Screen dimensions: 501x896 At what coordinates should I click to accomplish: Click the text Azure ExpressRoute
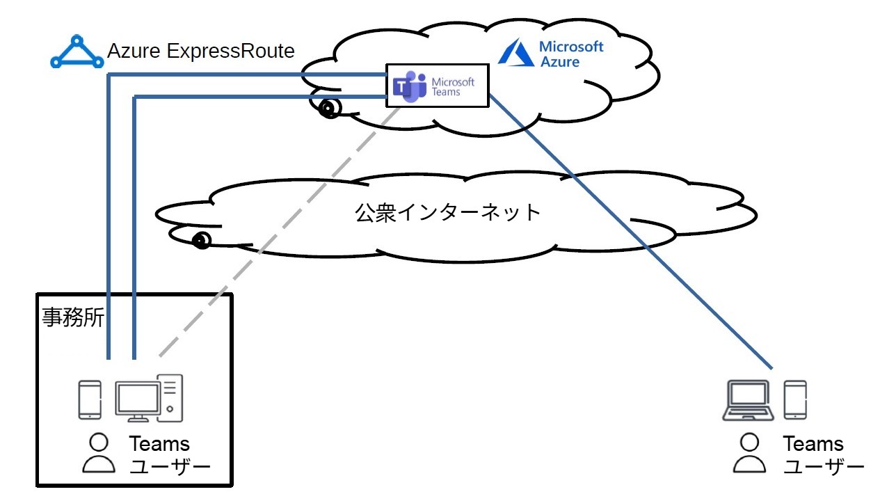(201, 51)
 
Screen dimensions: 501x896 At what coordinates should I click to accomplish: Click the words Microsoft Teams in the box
(453, 86)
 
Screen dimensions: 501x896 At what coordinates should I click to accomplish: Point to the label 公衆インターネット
(448, 212)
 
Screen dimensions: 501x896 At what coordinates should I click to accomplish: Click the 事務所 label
(73, 318)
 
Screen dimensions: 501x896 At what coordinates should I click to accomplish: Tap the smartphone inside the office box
(89, 399)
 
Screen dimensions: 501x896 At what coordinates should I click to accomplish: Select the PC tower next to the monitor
(171, 397)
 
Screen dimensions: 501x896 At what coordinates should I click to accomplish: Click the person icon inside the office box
(100, 453)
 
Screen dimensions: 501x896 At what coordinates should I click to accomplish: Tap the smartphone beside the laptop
(795, 399)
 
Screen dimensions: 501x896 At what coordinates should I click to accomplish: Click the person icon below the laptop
(749, 453)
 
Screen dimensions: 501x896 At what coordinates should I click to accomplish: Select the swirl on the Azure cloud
(329, 108)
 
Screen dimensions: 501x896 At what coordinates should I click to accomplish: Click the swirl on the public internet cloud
(201, 241)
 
